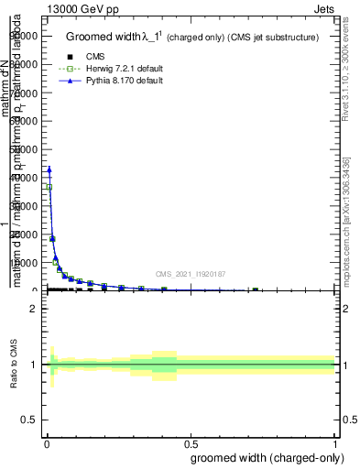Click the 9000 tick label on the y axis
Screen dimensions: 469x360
pyautogui.click(x=24, y=36)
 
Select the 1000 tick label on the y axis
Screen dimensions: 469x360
pyautogui.click(x=24, y=262)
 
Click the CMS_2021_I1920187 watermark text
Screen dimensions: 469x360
pyautogui.click(x=191, y=274)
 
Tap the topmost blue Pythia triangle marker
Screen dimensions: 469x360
pyautogui.click(x=49, y=169)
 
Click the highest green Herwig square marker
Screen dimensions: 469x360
pyautogui.click(x=49, y=187)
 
